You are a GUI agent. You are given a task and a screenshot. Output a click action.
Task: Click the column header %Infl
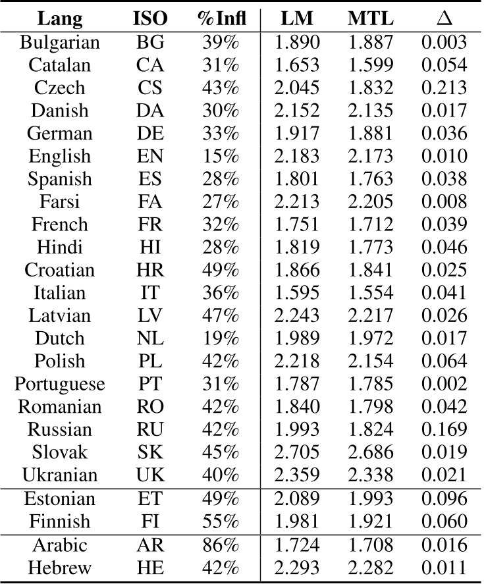tap(222, 19)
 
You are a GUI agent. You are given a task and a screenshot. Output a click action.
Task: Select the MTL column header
tap(371, 19)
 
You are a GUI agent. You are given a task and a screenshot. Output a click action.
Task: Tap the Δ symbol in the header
tap(444, 19)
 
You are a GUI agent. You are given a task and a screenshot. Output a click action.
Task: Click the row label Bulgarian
tap(60, 43)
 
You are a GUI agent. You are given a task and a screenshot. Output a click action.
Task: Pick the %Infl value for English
tap(221, 156)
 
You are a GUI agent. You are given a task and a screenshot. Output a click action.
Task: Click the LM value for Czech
tap(298, 88)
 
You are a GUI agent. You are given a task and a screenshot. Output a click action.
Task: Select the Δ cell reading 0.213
tap(444, 88)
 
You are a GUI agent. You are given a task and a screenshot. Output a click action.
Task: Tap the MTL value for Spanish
tap(371, 179)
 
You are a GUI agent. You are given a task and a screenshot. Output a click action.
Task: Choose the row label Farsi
tap(60, 201)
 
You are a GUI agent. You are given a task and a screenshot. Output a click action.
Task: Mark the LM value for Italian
tap(298, 292)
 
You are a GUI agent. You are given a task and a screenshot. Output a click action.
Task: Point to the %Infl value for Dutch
tap(221, 338)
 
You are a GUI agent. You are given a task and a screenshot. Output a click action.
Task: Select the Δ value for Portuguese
tap(444, 383)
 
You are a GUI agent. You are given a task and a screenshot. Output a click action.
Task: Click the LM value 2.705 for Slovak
tap(298, 452)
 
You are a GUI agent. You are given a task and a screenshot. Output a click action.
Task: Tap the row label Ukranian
tap(60, 474)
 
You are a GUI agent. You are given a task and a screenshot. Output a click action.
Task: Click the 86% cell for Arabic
tap(221, 544)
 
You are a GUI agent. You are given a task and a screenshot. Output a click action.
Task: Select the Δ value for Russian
tap(444, 429)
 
